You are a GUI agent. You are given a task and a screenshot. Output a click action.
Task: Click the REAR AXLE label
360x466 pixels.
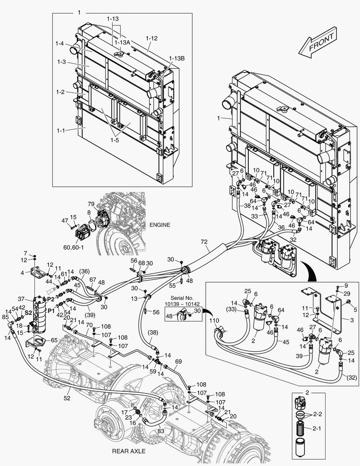point(128,451)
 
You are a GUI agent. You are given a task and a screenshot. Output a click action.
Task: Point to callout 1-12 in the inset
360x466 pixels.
point(151,38)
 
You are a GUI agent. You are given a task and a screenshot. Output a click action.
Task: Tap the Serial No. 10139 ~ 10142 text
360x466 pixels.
point(182,301)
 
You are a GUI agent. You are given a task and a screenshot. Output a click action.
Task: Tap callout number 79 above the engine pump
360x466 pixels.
point(91,204)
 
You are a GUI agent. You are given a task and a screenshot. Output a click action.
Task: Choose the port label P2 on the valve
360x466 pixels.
point(50,299)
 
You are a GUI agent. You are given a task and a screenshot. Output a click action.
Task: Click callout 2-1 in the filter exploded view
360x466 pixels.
point(317,429)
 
